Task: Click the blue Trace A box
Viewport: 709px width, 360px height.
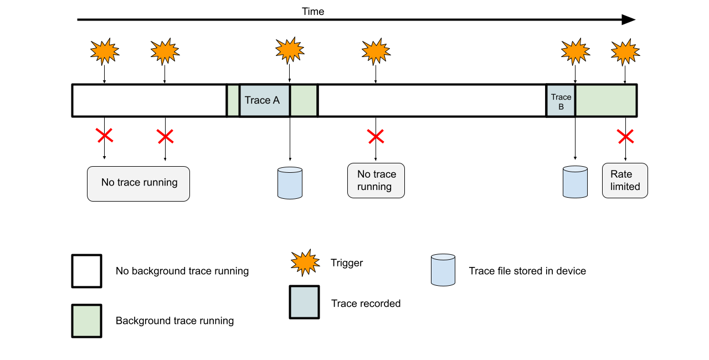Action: [264, 100]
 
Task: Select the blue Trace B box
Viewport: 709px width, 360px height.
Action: [561, 100]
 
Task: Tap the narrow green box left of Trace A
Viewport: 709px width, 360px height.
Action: [233, 100]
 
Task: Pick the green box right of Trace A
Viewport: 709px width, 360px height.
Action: [304, 100]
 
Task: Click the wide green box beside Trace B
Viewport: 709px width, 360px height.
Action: [605, 100]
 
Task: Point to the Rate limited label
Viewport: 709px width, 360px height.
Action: [625, 181]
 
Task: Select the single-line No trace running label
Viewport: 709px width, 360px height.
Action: [138, 183]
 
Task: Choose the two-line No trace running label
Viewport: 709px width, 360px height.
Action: [376, 181]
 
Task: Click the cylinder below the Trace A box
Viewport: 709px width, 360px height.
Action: [290, 183]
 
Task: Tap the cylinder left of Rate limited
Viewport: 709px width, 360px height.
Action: [575, 182]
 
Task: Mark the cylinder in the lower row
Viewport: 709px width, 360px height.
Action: [443, 270]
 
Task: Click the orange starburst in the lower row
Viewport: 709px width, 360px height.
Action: [305, 263]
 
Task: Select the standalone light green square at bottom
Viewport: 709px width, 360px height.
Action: [86, 321]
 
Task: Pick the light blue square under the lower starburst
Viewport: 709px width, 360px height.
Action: [304, 302]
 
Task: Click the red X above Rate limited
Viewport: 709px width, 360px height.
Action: [623, 136]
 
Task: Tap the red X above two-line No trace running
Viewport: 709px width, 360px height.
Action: [373, 136]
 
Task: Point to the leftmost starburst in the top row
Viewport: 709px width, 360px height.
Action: [104, 52]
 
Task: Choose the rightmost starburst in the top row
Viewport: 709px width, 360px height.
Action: [625, 52]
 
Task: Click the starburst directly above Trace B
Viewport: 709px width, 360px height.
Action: [575, 52]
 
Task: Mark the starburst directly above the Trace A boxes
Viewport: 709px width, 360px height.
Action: [289, 50]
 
